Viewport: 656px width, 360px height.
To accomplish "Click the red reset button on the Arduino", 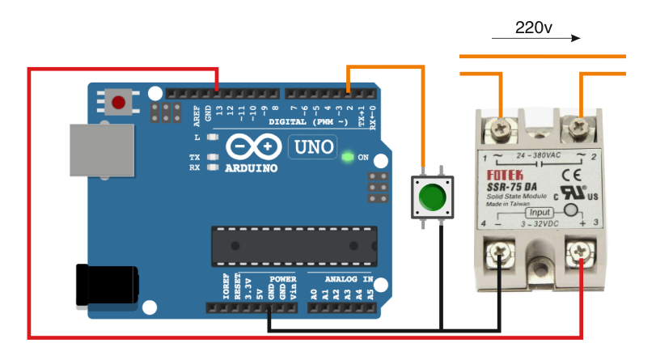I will pos(120,103).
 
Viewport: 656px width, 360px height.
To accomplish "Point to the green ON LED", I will pos(347,156).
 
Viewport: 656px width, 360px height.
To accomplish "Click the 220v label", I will pos(533,28).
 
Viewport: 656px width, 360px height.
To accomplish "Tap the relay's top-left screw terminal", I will pos(501,127).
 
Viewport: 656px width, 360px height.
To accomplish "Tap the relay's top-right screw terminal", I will pos(579,125).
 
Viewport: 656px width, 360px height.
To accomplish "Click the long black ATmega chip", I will pos(294,246).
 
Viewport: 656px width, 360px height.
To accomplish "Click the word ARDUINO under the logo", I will pos(252,168).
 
